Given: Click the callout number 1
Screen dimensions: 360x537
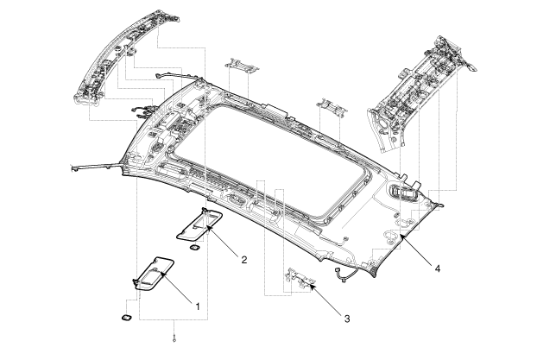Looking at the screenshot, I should (198, 306).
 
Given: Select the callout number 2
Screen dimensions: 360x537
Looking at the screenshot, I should (244, 258).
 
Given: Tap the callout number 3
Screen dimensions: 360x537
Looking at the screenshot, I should (347, 319).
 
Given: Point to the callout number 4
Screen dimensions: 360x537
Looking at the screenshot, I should (439, 269).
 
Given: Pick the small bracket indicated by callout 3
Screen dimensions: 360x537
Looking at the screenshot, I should (299, 275).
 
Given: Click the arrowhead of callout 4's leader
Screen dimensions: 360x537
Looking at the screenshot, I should (399, 235).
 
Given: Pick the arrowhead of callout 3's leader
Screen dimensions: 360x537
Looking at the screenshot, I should (310, 281).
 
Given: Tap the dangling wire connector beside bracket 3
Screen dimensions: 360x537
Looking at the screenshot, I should (342, 275).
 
